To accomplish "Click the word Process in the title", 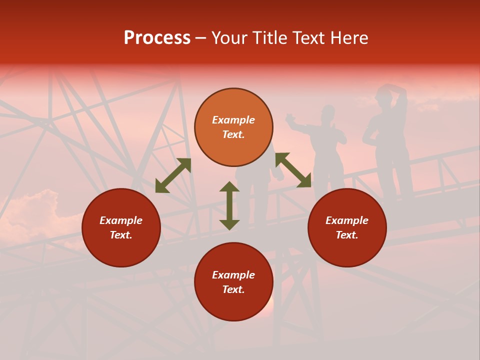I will [157, 38].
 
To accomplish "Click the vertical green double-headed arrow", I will [229, 205].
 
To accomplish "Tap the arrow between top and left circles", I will [173, 175].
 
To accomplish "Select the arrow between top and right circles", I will [293, 170].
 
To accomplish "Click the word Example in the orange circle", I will [233, 120].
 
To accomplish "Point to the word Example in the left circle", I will [121, 220].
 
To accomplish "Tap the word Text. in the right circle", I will [347, 235].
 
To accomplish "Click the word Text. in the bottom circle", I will [233, 289].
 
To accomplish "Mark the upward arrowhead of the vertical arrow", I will [229, 186].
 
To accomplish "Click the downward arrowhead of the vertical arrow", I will [229, 224].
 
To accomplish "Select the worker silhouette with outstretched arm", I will [325, 145].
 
